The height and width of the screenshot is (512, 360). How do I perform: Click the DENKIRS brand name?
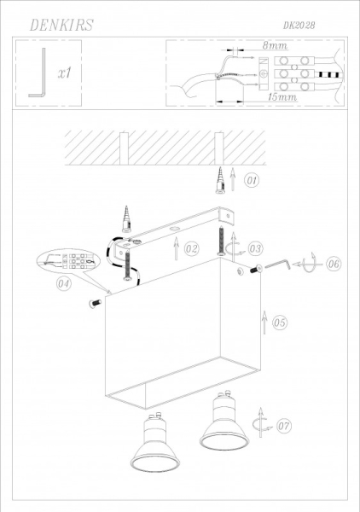coord(61,25)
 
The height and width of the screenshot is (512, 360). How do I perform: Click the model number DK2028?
coord(299,26)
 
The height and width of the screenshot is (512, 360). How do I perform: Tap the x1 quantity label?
coord(65,73)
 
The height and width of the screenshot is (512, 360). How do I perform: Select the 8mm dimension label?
coord(275,45)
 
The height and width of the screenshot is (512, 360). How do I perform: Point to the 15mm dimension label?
coord(282,97)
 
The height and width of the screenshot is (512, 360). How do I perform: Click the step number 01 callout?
coord(252,180)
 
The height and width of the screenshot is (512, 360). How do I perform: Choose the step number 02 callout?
coord(191,249)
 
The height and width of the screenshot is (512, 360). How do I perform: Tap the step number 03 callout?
coord(255,249)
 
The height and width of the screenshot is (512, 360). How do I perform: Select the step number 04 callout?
coord(64,283)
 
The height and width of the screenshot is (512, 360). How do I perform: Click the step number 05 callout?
coord(279,323)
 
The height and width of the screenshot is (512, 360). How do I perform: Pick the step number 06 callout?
coord(334,263)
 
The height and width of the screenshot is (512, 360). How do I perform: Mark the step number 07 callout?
coord(283,426)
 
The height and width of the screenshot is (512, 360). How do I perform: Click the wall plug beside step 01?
coord(221,180)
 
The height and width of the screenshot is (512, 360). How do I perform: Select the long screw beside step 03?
coord(222,241)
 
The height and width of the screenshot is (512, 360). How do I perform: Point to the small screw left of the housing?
coord(95,303)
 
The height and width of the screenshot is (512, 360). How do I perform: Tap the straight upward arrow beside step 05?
coord(264,323)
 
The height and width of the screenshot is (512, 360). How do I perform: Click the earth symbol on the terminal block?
coord(264,74)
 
